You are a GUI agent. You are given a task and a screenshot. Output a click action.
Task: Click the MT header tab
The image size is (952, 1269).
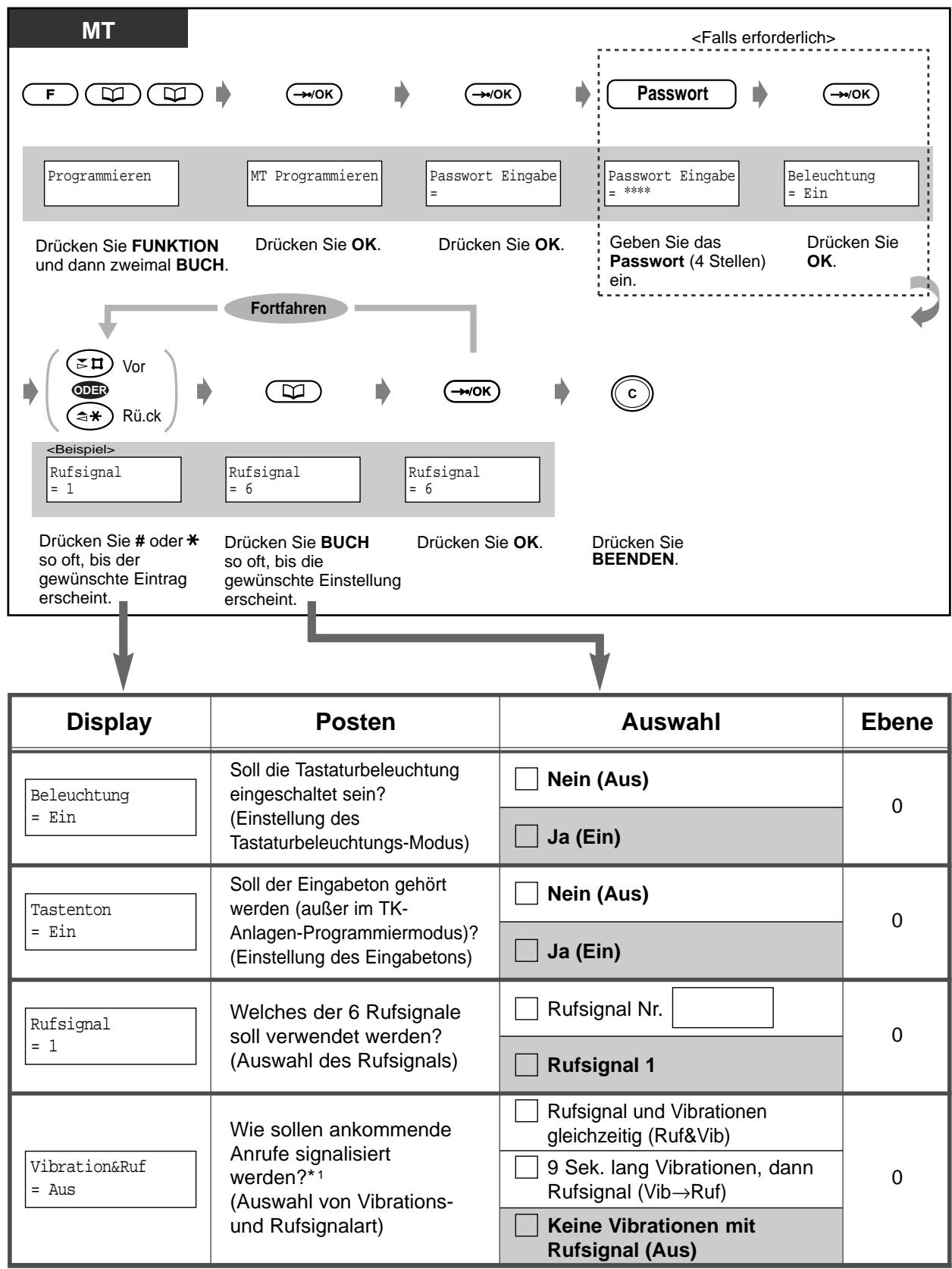pyautogui.click(x=99, y=28)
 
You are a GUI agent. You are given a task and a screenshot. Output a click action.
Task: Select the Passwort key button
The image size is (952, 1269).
pyautogui.click(x=671, y=94)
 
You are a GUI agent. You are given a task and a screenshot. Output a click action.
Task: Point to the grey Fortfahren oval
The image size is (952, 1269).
pyautogui.click(x=288, y=309)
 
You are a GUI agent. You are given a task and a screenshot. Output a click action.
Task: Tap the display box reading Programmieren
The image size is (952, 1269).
pyautogui.click(x=111, y=183)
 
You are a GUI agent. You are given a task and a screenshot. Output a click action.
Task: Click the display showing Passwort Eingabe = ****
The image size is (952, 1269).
pyautogui.click(x=672, y=183)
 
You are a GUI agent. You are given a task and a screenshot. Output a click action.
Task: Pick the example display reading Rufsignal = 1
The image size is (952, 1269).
pyautogui.click(x=114, y=480)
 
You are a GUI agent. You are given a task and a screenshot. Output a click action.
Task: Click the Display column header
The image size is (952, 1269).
pyautogui.click(x=109, y=722)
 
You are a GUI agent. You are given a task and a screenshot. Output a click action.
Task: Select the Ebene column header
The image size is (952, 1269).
pyautogui.click(x=897, y=722)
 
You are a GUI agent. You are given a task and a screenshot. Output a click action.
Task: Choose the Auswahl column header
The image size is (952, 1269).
pyautogui.click(x=671, y=722)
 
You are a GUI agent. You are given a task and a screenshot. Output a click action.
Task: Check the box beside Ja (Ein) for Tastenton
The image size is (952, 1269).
pyautogui.click(x=526, y=951)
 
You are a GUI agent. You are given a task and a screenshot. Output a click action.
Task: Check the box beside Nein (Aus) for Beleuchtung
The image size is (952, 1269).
pyautogui.click(x=526, y=780)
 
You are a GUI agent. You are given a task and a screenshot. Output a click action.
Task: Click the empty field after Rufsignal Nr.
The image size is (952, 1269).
pyautogui.click(x=722, y=1007)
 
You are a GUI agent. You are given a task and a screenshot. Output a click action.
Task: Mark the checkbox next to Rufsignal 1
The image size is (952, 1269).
pyautogui.click(x=526, y=1065)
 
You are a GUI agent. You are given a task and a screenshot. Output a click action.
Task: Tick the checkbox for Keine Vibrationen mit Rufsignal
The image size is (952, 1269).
pyautogui.click(x=526, y=1226)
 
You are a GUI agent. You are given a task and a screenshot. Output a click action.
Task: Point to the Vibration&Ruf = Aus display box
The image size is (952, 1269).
pyautogui.click(x=111, y=1179)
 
